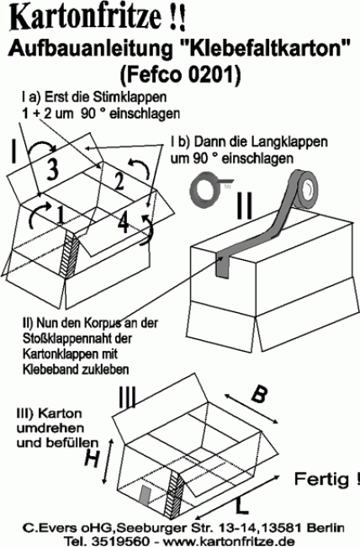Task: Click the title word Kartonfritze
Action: [82, 15]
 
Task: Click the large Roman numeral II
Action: [244, 206]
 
